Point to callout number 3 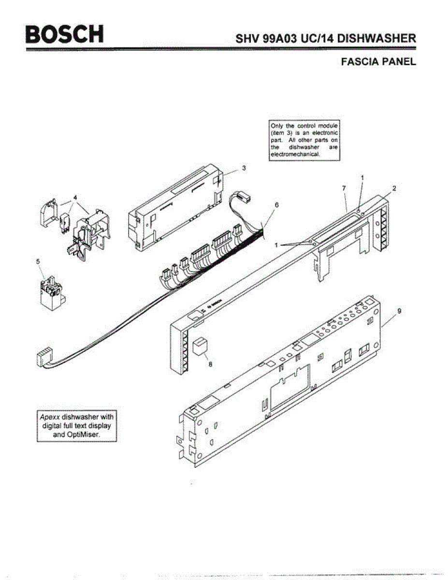pos(244,168)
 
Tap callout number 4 pos(75,197)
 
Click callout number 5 pos(39,261)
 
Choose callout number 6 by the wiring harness pos(276,205)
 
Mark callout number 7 pos(344,188)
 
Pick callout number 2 pos(394,188)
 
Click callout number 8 pos(210,365)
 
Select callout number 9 pos(399,311)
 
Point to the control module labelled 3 pos(176,208)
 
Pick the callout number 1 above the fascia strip pos(362,178)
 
